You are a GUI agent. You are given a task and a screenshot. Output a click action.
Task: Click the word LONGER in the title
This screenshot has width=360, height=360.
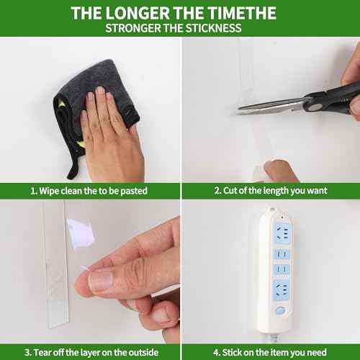(138, 13)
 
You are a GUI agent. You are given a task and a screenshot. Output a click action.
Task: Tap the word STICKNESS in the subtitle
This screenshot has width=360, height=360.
(213, 28)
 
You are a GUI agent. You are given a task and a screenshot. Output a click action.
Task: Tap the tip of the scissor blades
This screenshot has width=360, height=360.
(237, 110)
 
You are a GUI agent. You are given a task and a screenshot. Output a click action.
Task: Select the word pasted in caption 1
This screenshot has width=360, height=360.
(134, 191)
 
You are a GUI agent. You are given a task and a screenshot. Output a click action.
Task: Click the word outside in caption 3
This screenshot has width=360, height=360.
(143, 352)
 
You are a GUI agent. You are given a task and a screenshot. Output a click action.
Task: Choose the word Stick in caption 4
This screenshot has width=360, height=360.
(232, 352)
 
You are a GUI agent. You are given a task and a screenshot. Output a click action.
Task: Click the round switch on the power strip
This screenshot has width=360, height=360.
(280, 310)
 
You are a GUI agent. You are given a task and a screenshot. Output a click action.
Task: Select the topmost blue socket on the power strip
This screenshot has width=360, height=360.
(282, 233)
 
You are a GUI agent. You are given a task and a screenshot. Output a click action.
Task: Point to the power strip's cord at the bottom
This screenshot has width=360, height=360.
(273, 338)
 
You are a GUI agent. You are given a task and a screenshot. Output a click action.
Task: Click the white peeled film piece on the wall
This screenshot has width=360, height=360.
(81, 233)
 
